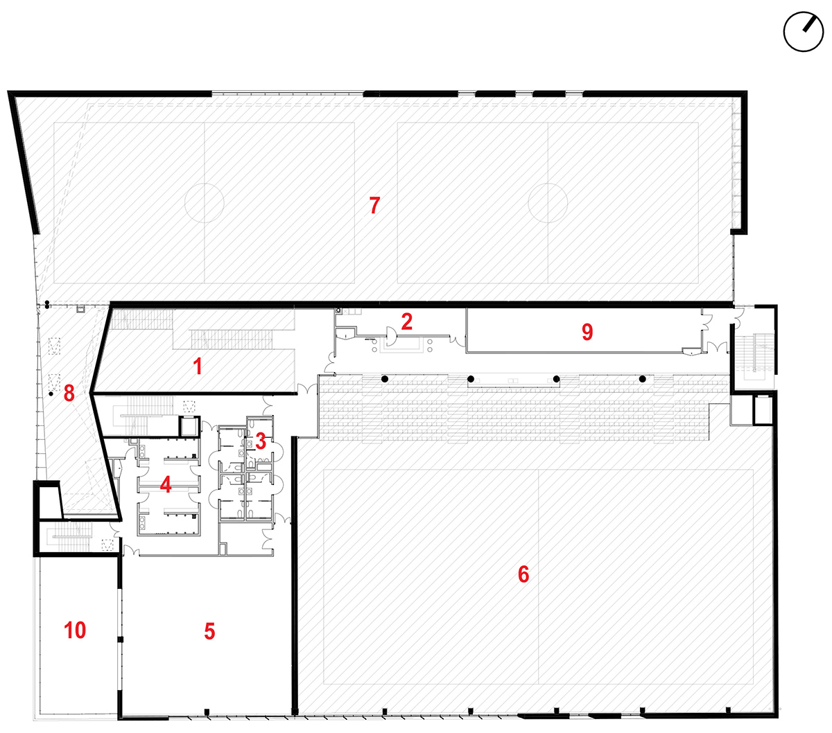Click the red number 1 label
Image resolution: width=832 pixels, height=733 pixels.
point(198,366)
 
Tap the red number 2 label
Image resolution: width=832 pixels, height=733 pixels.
point(406,321)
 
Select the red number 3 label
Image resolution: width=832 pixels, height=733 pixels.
point(261,441)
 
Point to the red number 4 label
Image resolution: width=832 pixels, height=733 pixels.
point(166,485)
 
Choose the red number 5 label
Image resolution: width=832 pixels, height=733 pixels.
point(209,631)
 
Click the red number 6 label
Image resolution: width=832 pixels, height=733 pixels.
point(523,574)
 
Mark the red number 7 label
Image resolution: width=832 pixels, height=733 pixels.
point(374,205)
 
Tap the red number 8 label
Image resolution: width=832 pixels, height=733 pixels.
point(69,393)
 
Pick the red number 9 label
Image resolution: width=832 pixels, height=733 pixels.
point(587,332)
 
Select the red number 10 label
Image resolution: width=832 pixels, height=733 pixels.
point(75,630)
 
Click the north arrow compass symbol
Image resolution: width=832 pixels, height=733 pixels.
point(804,32)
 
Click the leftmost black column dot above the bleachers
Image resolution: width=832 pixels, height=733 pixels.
point(384,379)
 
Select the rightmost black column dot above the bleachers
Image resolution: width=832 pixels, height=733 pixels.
point(642,379)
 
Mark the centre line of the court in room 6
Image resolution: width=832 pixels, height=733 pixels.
point(539,576)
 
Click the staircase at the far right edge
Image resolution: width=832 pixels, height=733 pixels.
point(755,352)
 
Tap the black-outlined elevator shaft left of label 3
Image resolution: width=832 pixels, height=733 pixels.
point(189,426)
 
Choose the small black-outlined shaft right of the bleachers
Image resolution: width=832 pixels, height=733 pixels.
point(763,409)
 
